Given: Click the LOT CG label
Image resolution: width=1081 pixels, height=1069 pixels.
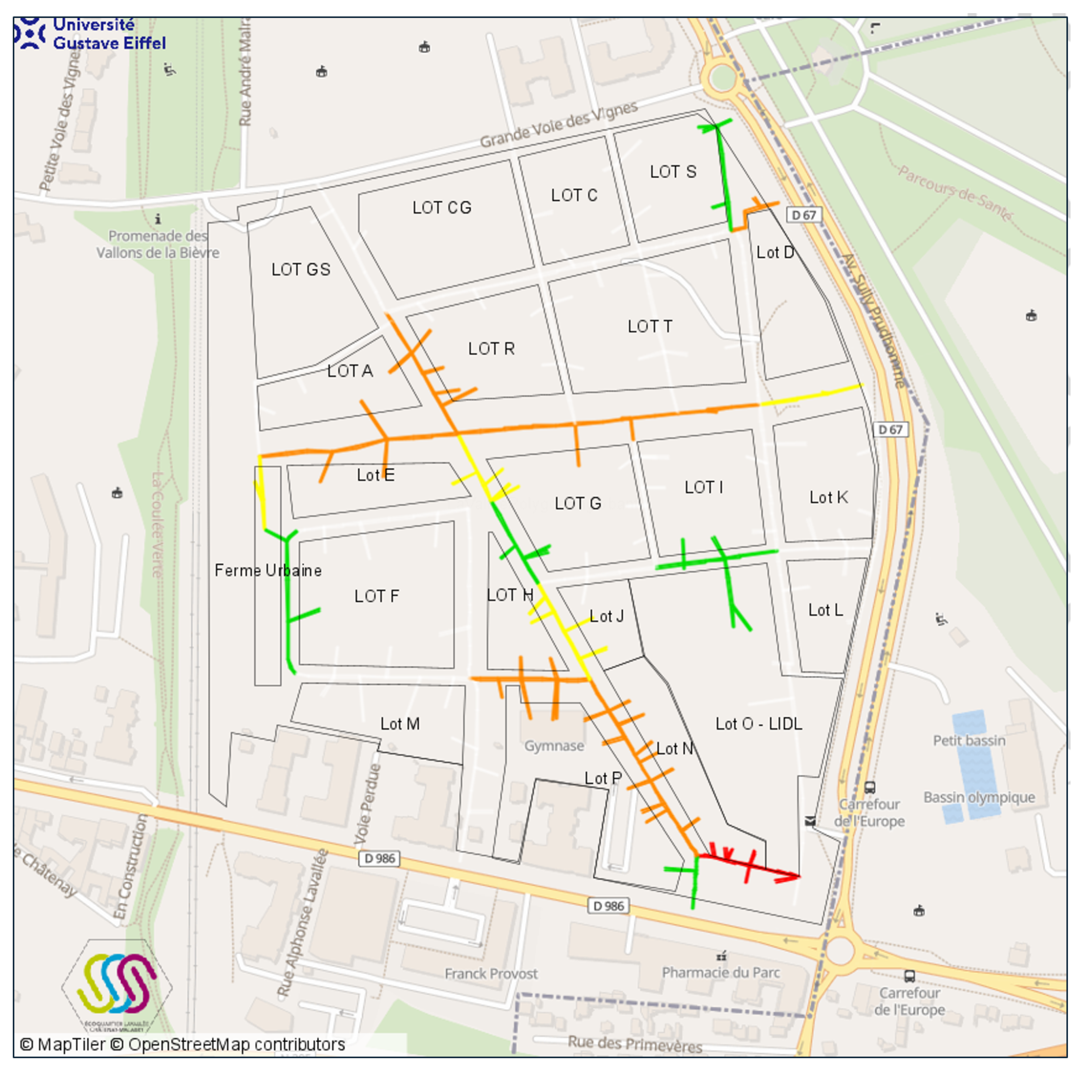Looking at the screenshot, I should coord(442,208).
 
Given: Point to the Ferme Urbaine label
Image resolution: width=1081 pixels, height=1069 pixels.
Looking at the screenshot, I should coord(268,570).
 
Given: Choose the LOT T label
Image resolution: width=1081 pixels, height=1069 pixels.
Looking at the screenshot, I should coord(650,326).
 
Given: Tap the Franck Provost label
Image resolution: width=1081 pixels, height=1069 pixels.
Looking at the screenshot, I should coord(491,974).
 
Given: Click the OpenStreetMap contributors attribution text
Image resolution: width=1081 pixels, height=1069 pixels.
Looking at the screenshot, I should coord(236,1044).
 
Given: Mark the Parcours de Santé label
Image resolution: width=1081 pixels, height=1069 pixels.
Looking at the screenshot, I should coord(955,192).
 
